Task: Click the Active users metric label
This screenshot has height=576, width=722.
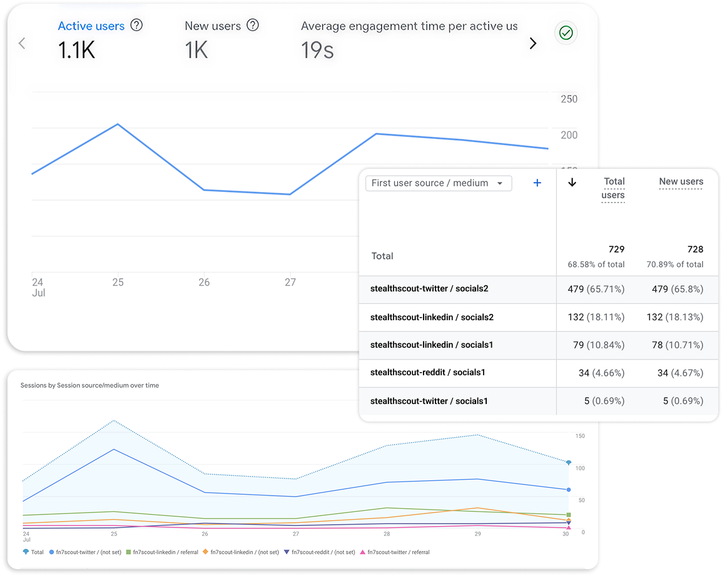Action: pos(91,26)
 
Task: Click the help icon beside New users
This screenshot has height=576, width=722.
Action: pos(253,26)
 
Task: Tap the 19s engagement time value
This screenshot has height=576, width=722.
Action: pos(317,51)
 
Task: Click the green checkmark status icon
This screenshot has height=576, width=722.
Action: pos(566,33)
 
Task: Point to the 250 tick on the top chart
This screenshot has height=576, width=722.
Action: pos(569,99)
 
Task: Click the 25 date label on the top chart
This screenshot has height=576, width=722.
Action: pos(118,282)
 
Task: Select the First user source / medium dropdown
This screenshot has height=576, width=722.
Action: pos(438,183)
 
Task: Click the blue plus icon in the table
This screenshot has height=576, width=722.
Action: pos(537,183)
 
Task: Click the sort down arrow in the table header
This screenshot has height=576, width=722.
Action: pos(572,182)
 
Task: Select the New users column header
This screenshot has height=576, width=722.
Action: pos(681,181)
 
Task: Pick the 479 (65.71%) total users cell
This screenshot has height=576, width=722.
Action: pos(596,289)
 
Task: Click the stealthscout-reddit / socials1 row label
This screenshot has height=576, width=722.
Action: pos(428,373)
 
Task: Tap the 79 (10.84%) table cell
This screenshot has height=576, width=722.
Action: pos(598,345)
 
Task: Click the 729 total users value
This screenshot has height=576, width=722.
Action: pos(616,249)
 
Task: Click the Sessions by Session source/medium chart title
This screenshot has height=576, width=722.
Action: pos(89,385)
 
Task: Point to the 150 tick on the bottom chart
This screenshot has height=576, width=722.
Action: pos(580,436)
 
